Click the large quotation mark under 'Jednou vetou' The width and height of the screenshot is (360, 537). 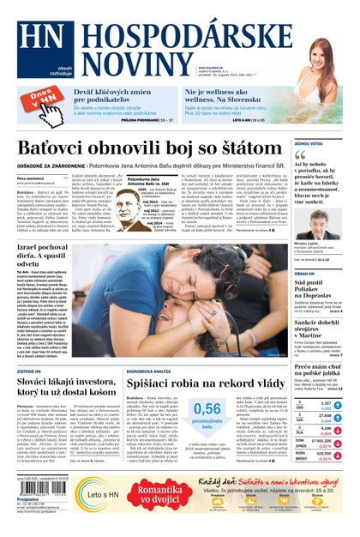[300, 155]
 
